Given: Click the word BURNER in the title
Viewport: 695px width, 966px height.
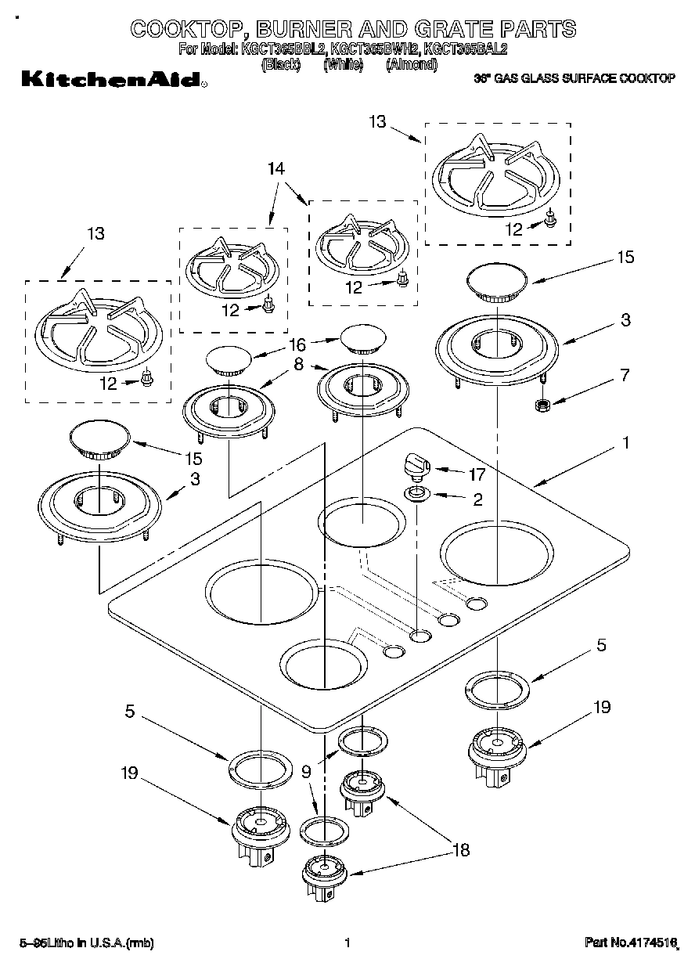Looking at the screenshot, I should pos(310,30).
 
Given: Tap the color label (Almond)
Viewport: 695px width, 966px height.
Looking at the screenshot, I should pos(411,64).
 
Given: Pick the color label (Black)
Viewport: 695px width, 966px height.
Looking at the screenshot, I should pos(281,64).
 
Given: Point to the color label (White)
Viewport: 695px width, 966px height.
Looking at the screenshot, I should pos(343,64).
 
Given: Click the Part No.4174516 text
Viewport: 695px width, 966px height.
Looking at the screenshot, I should pos(630,943).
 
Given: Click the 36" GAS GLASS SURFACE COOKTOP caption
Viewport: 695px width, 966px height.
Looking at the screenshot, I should pos(575,79).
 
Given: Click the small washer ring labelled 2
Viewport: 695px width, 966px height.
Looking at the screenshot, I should pos(416,493).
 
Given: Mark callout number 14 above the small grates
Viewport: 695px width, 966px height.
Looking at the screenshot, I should pos(275,168).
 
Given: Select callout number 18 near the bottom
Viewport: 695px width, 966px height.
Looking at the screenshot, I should pos(460,849).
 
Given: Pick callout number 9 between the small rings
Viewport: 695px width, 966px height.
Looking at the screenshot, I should pos(306,771).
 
